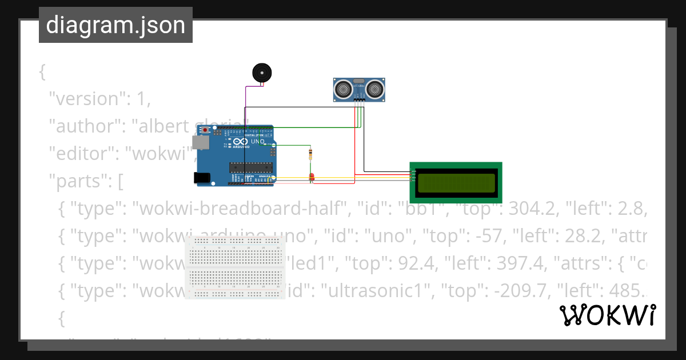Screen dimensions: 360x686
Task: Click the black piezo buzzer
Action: [x=262, y=73]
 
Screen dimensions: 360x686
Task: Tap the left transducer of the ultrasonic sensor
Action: [x=344, y=89]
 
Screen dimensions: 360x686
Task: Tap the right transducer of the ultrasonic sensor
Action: [x=374, y=89]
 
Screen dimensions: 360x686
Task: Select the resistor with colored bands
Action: [x=310, y=154]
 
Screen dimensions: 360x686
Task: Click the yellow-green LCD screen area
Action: [x=456, y=182]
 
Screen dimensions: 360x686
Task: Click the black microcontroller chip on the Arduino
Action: [x=250, y=167]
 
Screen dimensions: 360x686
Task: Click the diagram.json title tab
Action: [x=115, y=25]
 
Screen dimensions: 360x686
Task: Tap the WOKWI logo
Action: [x=607, y=315]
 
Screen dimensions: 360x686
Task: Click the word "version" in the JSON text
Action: [x=86, y=99]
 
